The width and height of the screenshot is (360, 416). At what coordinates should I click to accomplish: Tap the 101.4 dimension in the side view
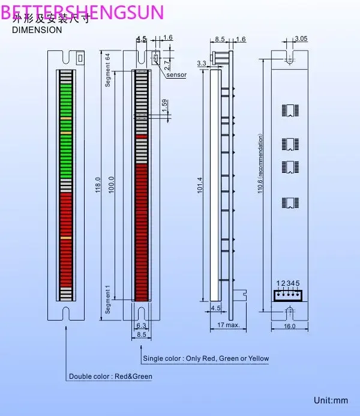(200, 185)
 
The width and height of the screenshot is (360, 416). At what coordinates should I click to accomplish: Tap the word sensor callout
(176, 75)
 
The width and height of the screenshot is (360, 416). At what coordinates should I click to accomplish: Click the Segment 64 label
(109, 71)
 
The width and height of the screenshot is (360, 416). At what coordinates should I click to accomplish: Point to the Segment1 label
(109, 300)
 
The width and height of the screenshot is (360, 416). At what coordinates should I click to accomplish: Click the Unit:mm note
(331, 400)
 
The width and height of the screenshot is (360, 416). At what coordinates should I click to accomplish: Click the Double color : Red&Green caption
(110, 376)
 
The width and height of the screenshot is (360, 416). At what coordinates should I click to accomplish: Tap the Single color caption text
(206, 358)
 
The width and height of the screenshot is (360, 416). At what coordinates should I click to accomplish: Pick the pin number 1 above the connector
(278, 283)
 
